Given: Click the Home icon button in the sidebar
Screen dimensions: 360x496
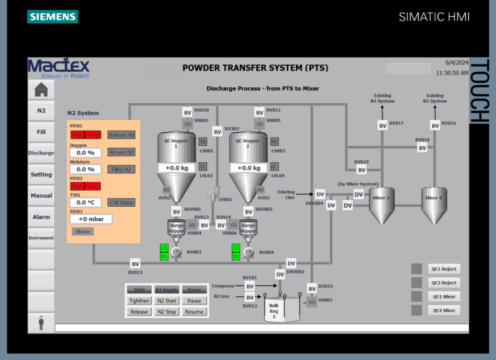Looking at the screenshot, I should (x=41, y=89).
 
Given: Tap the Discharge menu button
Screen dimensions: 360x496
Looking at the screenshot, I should (x=41, y=153).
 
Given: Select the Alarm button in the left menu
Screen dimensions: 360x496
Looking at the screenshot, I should (x=41, y=217).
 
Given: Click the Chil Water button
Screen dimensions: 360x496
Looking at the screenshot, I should (x=121, y=203).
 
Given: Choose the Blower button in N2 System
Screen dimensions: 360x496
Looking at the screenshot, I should (x=83, y=231).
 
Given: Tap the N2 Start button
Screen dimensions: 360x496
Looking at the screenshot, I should (x=167, y=301).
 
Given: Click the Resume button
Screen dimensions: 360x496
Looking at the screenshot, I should (x=194, y=312).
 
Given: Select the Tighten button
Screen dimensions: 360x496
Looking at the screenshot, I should (x=139, y=301).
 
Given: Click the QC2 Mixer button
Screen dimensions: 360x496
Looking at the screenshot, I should (x=444, y=310).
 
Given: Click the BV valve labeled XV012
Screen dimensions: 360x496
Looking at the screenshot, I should (x=136, y=264).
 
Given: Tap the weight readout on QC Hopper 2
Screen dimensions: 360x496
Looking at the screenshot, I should (x=247, y=168).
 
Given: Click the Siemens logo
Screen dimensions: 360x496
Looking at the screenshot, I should (x=52, y=16).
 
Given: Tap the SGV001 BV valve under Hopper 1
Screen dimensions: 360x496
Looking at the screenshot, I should (x=176, y=211).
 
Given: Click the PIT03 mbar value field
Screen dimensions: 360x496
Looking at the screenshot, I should (x=91, y=219).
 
